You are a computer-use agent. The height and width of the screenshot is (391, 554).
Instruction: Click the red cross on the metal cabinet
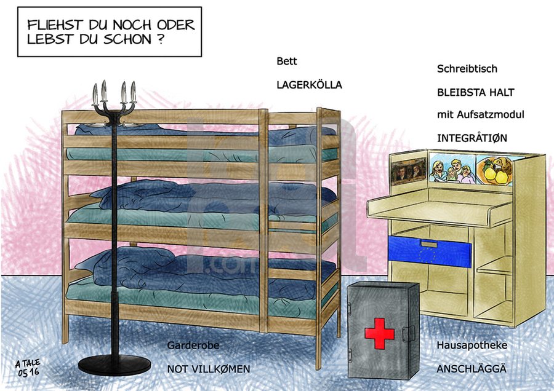(379, 333)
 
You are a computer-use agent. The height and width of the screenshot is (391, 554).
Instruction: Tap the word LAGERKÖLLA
(309, 85)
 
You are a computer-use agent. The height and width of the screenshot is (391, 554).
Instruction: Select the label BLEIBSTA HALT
(476, 92)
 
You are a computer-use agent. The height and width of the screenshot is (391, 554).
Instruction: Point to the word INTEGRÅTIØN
(472, 138)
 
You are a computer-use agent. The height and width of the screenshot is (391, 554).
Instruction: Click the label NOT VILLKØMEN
(209, 369)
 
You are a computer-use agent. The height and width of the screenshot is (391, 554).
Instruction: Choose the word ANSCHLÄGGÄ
(472, 369)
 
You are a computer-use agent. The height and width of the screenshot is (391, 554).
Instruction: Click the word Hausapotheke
(472, 345)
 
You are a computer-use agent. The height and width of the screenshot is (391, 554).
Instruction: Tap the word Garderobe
(193, 345)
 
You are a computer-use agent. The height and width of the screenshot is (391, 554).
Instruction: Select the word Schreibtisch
(467, 68)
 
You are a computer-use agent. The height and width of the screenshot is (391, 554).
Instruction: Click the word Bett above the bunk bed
(286, 61)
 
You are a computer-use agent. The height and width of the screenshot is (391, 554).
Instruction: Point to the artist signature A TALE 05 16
(28, 368)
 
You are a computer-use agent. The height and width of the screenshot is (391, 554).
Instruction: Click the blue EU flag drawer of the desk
(429, 251)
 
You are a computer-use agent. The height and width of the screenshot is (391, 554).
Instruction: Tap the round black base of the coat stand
(114, 365)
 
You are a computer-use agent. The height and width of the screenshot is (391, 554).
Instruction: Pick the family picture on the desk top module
(452, 169)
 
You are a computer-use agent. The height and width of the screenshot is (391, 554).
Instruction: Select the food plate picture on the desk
(495, 171)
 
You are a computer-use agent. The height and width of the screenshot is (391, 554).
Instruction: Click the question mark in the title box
(161, 39)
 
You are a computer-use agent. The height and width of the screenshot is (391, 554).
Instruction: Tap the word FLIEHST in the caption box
(55, 25)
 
